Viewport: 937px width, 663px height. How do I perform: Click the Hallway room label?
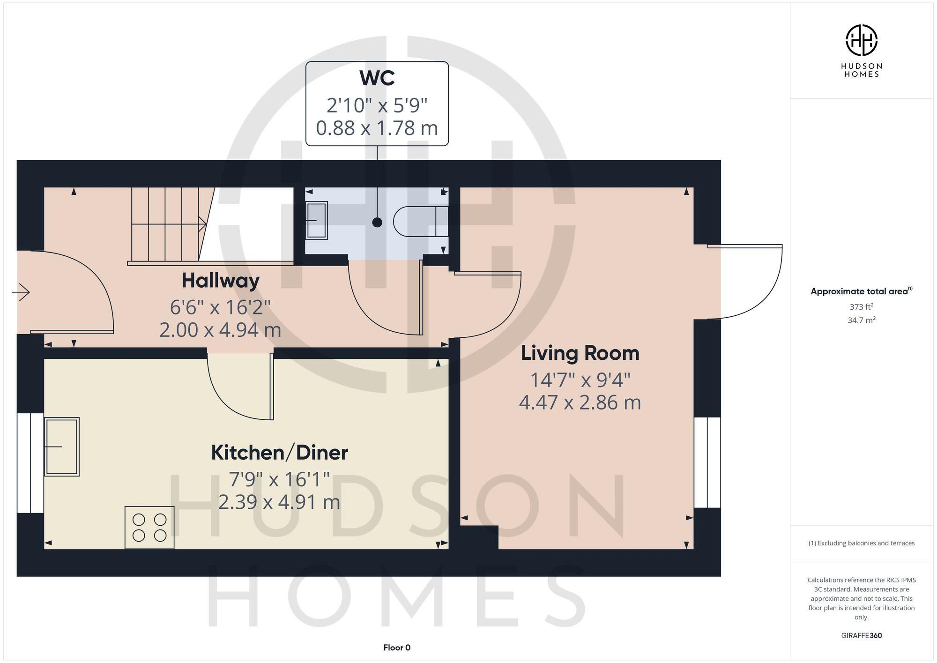220,281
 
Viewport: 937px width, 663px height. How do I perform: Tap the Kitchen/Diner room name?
279,453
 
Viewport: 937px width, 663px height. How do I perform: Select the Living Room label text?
580,353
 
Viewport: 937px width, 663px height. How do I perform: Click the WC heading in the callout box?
377,78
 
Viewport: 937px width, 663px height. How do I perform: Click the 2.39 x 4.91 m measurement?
279,502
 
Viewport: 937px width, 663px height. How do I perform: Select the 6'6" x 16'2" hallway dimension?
220,307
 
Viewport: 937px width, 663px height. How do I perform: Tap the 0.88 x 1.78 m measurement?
377,128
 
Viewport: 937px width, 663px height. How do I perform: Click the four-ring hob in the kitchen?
149,527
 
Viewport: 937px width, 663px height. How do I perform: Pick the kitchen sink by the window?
62,447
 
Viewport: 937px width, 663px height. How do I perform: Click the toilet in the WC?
419,221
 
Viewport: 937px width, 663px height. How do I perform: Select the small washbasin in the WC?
316,220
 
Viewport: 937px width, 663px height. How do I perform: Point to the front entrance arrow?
21,293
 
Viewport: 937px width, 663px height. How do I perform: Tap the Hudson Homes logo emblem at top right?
861,40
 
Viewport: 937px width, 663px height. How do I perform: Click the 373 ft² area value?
861,307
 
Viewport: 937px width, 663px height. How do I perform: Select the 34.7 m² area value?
861,320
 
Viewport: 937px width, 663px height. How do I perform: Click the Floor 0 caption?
397,648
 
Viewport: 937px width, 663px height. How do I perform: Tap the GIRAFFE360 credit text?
861,636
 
